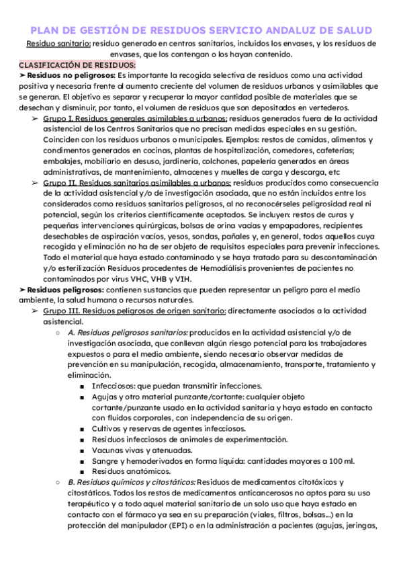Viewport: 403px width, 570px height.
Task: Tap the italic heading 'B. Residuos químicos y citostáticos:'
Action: click(x=132, y=482)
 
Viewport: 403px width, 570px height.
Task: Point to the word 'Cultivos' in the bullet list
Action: click(x=108, y=428)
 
